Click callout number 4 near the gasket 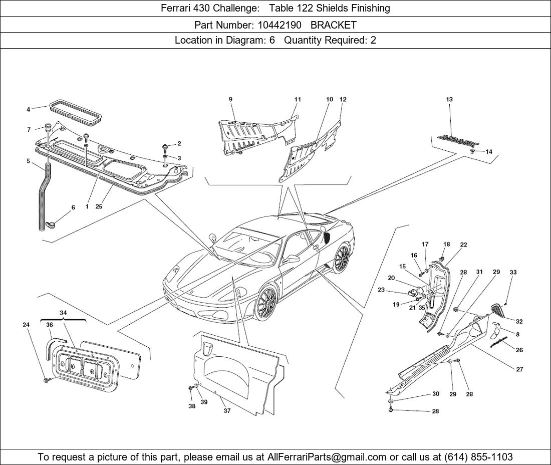click(29, 109)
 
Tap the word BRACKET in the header click(334, 25)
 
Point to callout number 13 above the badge click(449, 99)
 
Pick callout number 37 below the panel click(227, 410)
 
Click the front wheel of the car click(266, 303)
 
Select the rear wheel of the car click(342, 259)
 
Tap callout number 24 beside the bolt click(26, 325)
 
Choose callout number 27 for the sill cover click(519, 369)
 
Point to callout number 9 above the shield click(231, 99)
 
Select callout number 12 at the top click(343, 99)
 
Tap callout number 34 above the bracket click(63, 313)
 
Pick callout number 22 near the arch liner click(463, 245)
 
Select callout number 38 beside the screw click(192, 406)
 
